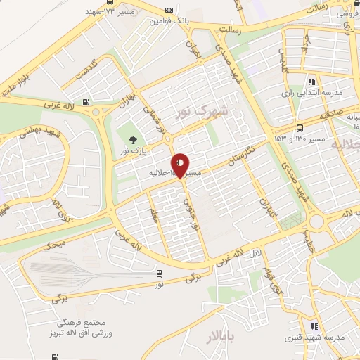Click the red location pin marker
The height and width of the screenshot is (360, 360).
pyautogui.click(x=181, y=165)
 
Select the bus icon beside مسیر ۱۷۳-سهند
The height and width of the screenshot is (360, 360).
pyautogui.click(x=109, y=11)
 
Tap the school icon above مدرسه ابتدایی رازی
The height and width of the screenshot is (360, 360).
pyautogui.click(x=311, y=82)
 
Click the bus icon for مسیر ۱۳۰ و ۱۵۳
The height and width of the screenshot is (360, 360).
pyautogui.click(x=300, y=129)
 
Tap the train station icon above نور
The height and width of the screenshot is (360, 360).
pyautogui.click(x=160, y=274)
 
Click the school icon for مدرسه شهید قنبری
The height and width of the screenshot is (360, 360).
pyautogui.click(x=314, y=326)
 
